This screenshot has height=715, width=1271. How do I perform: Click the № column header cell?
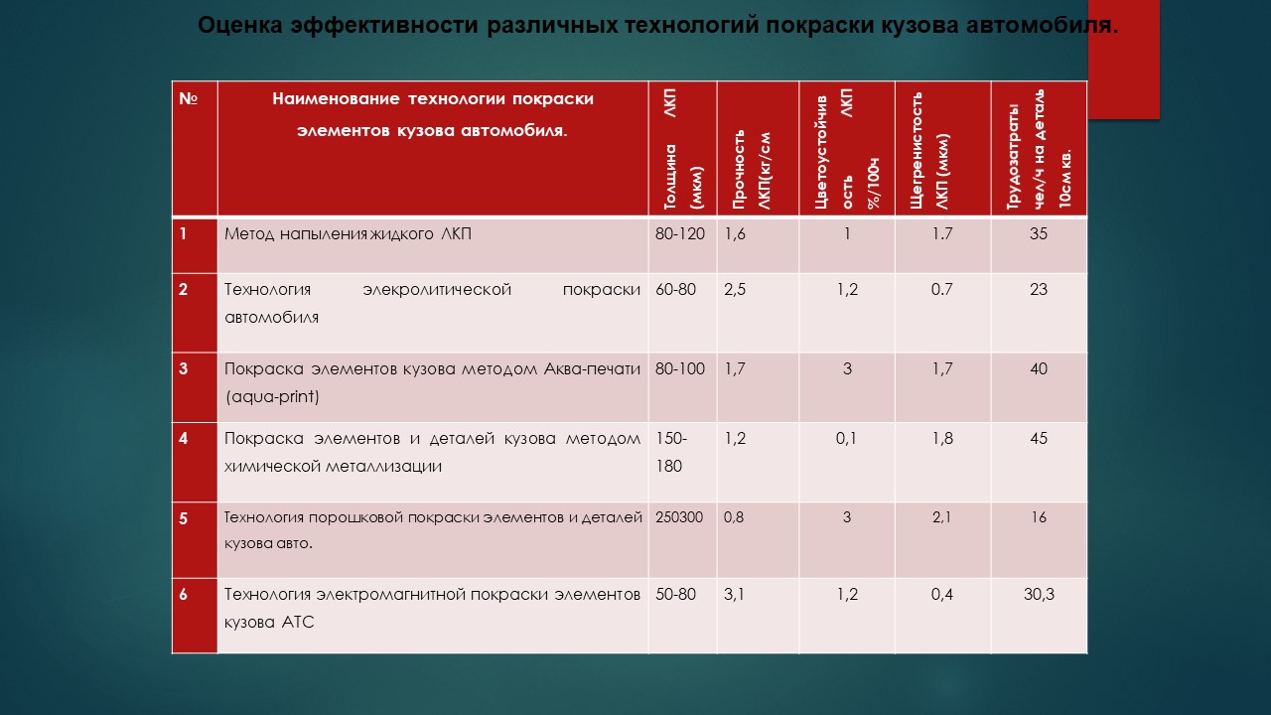pos(195,149)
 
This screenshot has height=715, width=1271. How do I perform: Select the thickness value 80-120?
pos(680,233)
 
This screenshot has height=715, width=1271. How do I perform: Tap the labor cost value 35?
pos(1039,233)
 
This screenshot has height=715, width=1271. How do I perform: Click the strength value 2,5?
pos(735,289)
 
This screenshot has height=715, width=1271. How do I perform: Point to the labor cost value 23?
pos(1039,289)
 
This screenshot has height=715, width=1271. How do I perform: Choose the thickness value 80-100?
pos(680,368)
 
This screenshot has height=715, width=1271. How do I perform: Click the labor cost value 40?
pos(1039,368)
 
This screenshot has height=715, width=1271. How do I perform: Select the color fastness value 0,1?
pos(846,439)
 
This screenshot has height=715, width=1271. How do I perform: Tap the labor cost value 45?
pos(1039,439)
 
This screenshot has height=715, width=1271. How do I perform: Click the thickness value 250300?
pos(678,517)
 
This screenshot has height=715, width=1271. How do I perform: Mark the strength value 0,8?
pos(734,517)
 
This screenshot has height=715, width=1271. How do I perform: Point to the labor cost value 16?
pos(1039,517)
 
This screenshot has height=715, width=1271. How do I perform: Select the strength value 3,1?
pos(734,594)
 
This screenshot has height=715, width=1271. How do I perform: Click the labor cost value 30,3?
pos(1039,594)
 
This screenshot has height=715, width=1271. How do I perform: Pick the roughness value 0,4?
pos(942,594)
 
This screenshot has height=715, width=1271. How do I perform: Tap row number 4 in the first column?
pos(183,439)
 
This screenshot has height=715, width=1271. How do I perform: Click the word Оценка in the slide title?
pos(240,26)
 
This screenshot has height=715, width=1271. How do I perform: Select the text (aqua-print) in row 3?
pos(272,396)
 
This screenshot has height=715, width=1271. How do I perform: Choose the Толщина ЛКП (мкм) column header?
pos(682,149)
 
